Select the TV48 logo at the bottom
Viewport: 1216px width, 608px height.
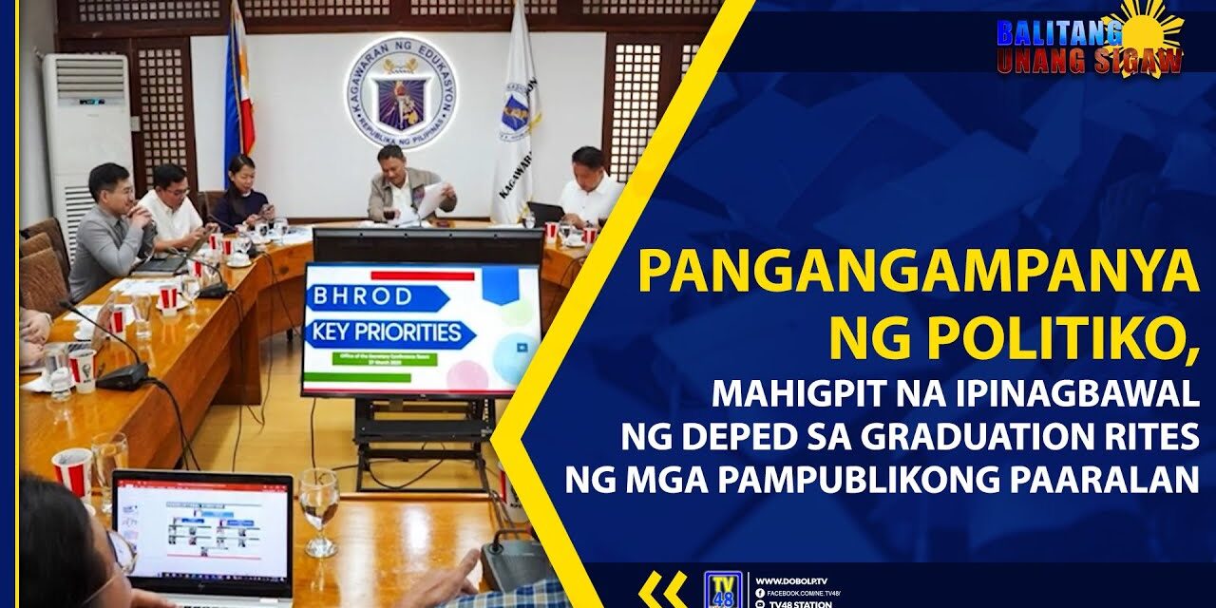tap(721, 588)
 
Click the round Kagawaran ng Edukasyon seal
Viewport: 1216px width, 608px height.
tap(401, 92)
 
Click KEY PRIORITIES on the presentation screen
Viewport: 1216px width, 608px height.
tap(389, 333)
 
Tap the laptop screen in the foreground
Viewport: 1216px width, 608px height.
tap(202, 528)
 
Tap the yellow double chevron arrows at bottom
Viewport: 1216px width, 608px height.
tap(662, 589)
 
